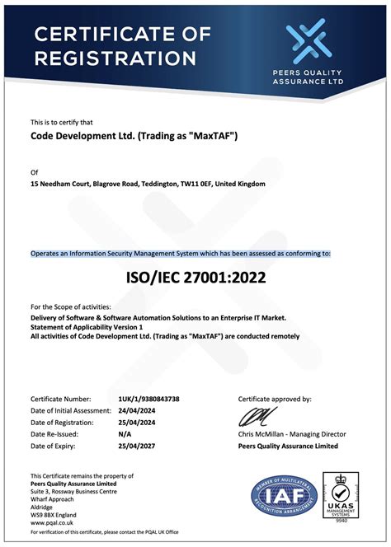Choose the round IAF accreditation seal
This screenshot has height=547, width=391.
285,497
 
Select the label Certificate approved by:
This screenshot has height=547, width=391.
275,399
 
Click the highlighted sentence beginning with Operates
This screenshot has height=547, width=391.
181,254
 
